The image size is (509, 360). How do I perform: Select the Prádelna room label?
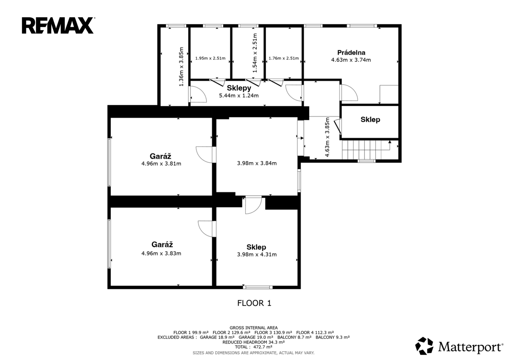click(x=351, y=53)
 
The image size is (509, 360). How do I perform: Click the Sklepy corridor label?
click(x=239, y=88)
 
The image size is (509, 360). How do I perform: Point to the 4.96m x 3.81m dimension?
click(x=161, y=164)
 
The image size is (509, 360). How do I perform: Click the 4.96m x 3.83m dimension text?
click(x=161, y=253)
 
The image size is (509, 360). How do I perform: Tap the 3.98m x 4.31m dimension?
click(x=257, y=254)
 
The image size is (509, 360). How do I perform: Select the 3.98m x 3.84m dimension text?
click(x=257, y=163)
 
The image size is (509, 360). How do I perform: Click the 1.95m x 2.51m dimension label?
click(x=210, y=58)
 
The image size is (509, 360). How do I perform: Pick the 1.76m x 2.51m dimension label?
click(x=284, y=58)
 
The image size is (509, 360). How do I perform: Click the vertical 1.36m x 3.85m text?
click(x=181, y=67)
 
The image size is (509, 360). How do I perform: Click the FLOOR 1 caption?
click(x=254, y=303)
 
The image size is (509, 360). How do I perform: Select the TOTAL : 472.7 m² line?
click(x=254, y=347)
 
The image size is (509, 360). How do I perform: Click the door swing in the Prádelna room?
click(x=349, y=93)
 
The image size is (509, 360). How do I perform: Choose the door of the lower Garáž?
click(x=207, y=229)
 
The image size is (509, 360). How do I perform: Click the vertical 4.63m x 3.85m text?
click(x=327, y=137)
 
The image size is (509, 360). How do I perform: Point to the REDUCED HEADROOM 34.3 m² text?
click(x=254, y=342)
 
